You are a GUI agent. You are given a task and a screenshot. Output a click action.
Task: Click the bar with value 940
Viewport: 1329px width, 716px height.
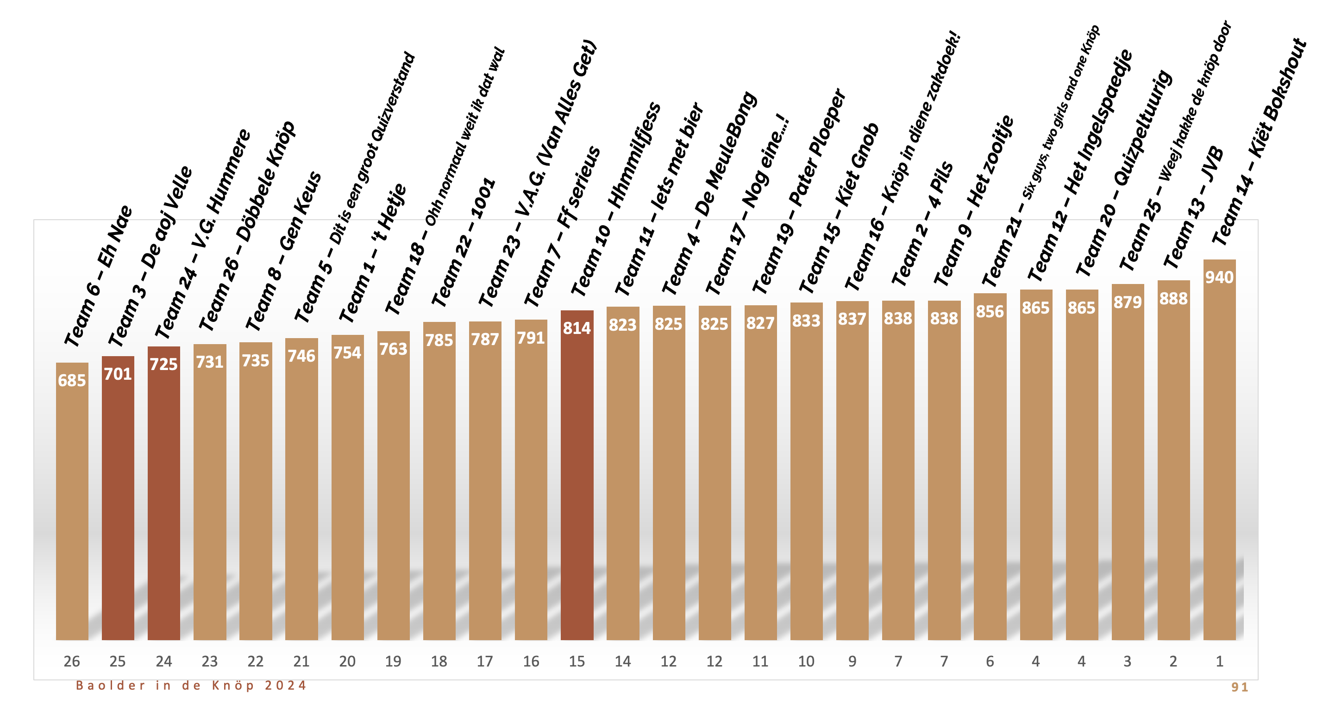tap(1219, 454)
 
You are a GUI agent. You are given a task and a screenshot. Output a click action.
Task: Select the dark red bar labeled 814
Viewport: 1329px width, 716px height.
tap(577, 479)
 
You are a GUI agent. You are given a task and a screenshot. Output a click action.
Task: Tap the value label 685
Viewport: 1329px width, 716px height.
tap(72, 380)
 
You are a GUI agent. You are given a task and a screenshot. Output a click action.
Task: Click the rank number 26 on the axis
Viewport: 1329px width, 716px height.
tap(72, 661)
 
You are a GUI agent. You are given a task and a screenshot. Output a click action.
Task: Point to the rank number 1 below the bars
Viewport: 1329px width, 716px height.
tap(1219, 661)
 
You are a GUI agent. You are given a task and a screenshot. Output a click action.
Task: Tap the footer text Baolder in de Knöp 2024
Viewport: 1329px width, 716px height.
tap(191, 685)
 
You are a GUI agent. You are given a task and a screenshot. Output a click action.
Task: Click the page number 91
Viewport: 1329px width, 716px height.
tap(1240, 687)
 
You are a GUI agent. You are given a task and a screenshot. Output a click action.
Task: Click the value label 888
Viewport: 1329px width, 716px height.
tap(1173, 298)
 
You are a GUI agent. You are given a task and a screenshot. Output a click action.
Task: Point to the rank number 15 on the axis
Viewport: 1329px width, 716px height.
tap(577, 661)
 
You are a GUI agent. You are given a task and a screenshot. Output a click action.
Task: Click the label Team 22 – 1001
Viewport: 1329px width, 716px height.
tap(463, 242)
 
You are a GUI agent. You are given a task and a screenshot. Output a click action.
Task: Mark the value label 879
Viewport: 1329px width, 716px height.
tap(1127, 302)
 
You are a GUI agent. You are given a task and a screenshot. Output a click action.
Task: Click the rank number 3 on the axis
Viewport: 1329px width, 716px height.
tap(1127, 661)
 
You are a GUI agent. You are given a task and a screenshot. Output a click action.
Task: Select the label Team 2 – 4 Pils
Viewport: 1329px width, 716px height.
tap(922, 224)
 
